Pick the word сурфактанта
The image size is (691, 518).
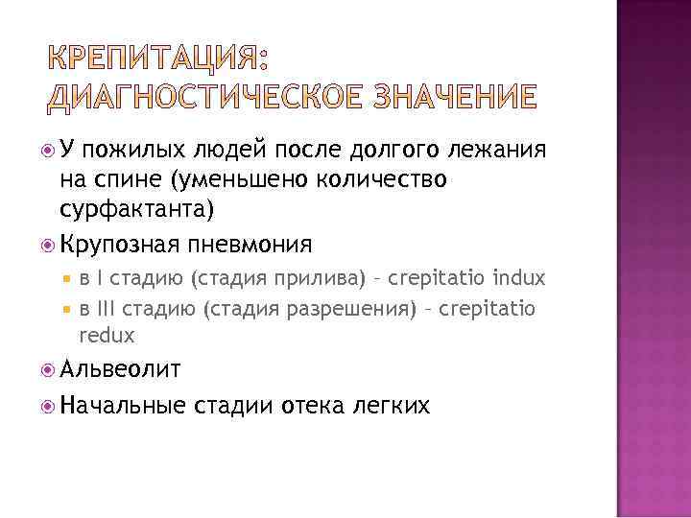(142, 209)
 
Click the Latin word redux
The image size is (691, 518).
(107, 335)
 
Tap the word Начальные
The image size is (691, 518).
(121, 406)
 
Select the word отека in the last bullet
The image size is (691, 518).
(315, 406)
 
